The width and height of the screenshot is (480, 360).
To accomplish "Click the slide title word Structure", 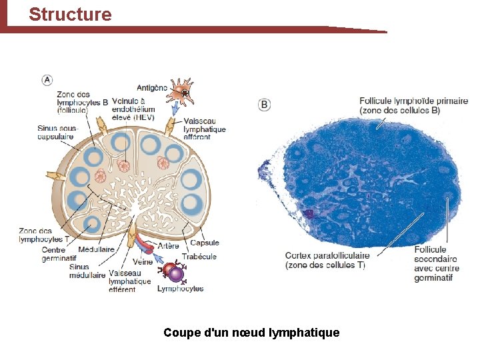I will (x=70, y=14).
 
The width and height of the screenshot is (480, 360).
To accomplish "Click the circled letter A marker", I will (x=47, y=80).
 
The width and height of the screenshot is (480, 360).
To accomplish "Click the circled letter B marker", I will (x=265, y=105).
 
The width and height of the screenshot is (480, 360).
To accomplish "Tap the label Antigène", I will (x=152, y=87).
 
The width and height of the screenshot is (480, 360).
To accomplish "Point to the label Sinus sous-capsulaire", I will (x=58, y=132).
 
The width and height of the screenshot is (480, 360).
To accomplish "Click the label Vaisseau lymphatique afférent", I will (x=205, y=129).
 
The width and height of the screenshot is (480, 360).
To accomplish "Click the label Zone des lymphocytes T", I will (x=44, y=235).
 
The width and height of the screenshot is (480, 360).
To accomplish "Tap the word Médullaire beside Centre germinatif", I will (x=96, y=249).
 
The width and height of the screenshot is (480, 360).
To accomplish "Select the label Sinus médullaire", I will (x=87, y=271).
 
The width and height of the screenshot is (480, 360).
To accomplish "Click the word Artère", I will (x=167, y=245).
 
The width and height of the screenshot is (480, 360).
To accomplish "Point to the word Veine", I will (x=143, y=262).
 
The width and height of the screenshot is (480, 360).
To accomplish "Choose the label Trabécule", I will (x=199, y=256).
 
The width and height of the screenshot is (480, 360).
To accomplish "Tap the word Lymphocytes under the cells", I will (x=180, y=289).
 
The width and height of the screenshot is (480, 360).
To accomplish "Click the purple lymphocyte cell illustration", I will (x=174, y=273).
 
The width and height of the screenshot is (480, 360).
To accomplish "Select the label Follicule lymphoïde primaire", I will (x=413, y=105).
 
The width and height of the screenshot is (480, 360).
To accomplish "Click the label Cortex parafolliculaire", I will (x=327, y=260).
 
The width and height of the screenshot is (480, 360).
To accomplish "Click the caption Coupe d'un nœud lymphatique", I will (x=251, y=332).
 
